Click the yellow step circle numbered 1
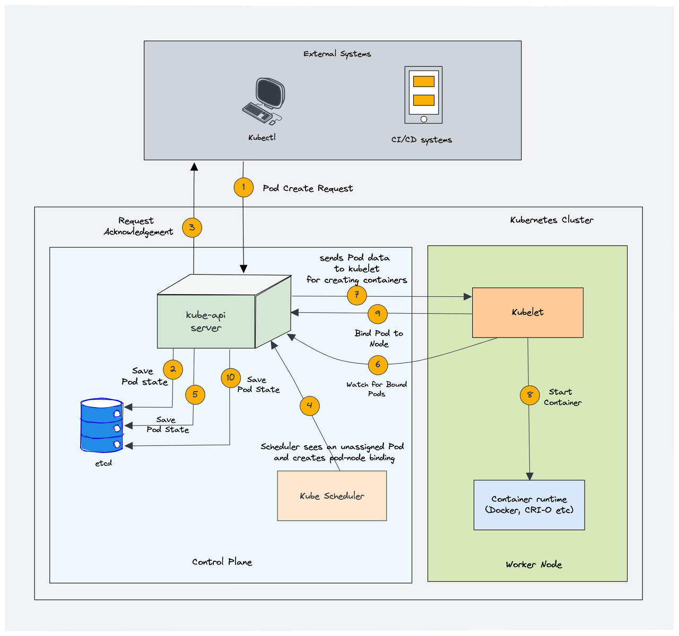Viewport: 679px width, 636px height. tap(243, 187)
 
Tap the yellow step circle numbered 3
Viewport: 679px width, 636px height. tap(192, 228)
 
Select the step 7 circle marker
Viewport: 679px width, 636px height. tap(357, 295)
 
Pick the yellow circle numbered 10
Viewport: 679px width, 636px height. tap(230, 377)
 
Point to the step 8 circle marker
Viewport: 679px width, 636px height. tap(529, 395)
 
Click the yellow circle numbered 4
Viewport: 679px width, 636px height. tap(310, 406)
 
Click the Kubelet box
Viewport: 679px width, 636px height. tap(528, 313)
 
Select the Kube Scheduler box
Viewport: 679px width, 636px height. tap(332, 496)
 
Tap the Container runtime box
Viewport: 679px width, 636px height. tap(529, 505)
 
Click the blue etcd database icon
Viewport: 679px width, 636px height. tap(101, 426)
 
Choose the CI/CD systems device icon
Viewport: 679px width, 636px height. tap(423, 95)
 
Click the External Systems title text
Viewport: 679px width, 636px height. tap(337, 54)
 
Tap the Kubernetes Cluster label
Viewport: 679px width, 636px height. tap(552, 220)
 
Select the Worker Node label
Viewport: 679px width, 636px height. tap(534, 564)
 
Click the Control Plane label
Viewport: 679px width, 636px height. tap(222, 562)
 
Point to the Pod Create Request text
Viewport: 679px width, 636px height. tap(308, 189)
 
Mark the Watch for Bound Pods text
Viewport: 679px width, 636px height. tap(377, 389)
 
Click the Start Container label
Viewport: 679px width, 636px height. tap(562, 397)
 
